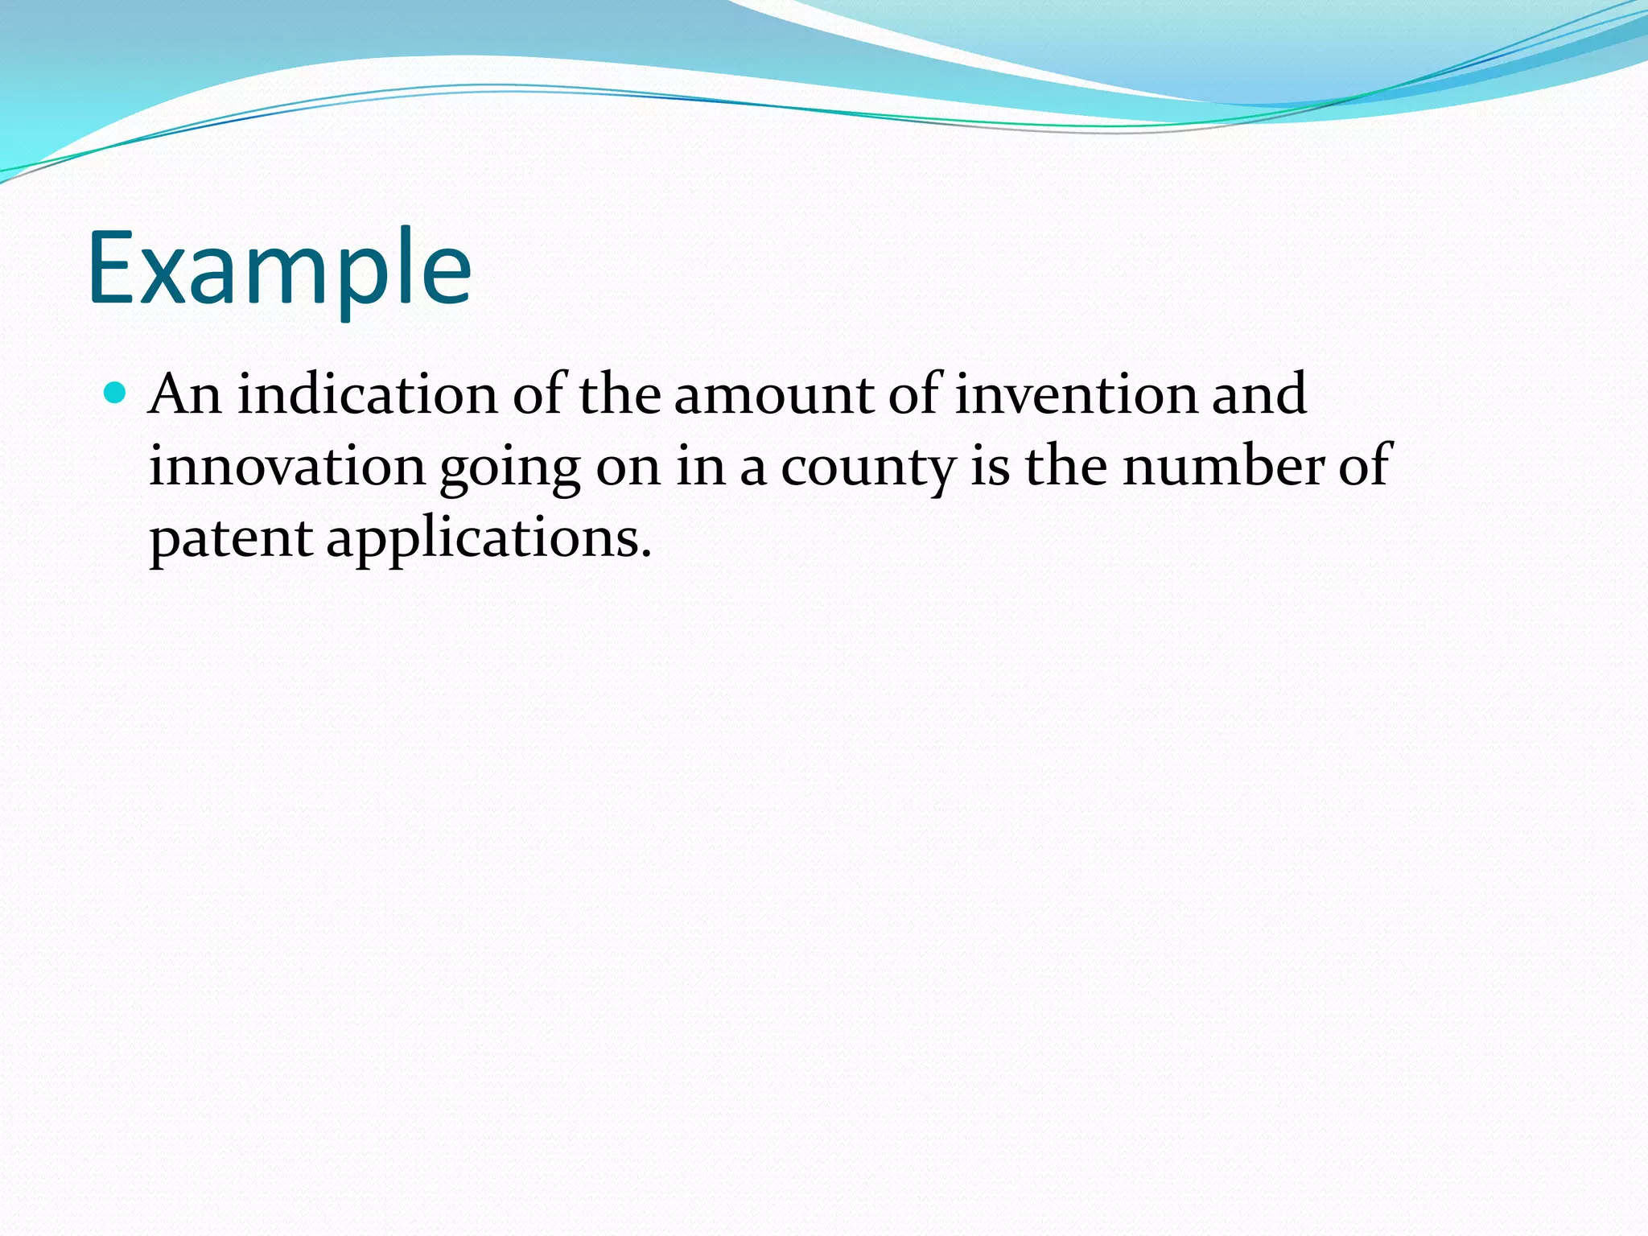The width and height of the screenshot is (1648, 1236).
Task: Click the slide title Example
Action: [279, 270]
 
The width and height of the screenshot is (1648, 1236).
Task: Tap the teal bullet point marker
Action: [116, 393]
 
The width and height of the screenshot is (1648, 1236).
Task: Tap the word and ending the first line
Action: [1259, 394]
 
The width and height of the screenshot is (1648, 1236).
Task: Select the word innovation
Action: [287, 466]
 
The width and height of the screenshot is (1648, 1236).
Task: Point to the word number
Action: [1223, 466]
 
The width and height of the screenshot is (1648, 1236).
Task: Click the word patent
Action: [231, 538]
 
